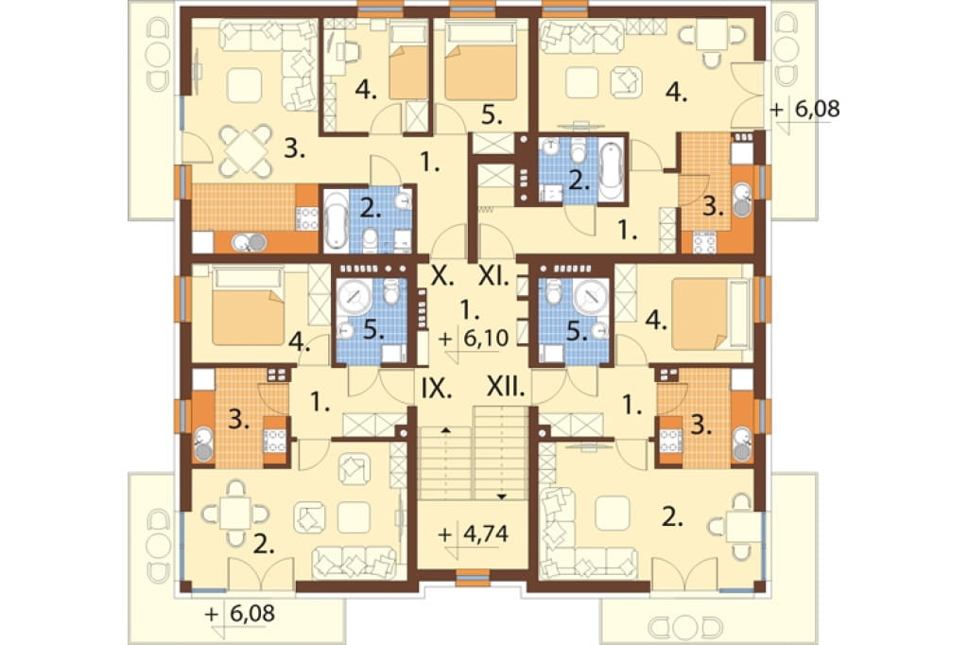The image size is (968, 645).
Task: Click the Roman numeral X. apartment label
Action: pos(442,275)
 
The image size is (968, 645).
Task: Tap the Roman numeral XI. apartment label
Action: pos(493,275)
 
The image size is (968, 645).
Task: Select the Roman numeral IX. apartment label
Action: pos(437,388)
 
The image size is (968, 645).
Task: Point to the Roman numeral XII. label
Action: pos(506,388)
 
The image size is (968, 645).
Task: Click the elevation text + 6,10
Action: pos(474,338)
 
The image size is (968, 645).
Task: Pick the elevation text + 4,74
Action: pos(474,533)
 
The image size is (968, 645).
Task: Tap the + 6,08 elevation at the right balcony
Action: pos(805,110)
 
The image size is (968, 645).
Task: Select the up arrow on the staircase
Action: pos(445,428)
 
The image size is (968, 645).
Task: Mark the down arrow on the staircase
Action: pos(501,497)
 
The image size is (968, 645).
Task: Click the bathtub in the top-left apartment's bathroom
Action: pos(336,219)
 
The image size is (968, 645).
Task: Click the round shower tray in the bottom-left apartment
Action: pos(354,297)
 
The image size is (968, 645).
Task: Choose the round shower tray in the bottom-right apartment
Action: pos(591,297)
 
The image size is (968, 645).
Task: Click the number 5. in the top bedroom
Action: pos(492,115)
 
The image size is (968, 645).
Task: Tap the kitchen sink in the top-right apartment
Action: pos(742,199)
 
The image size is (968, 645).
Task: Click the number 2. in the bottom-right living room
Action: pos(672,517)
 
